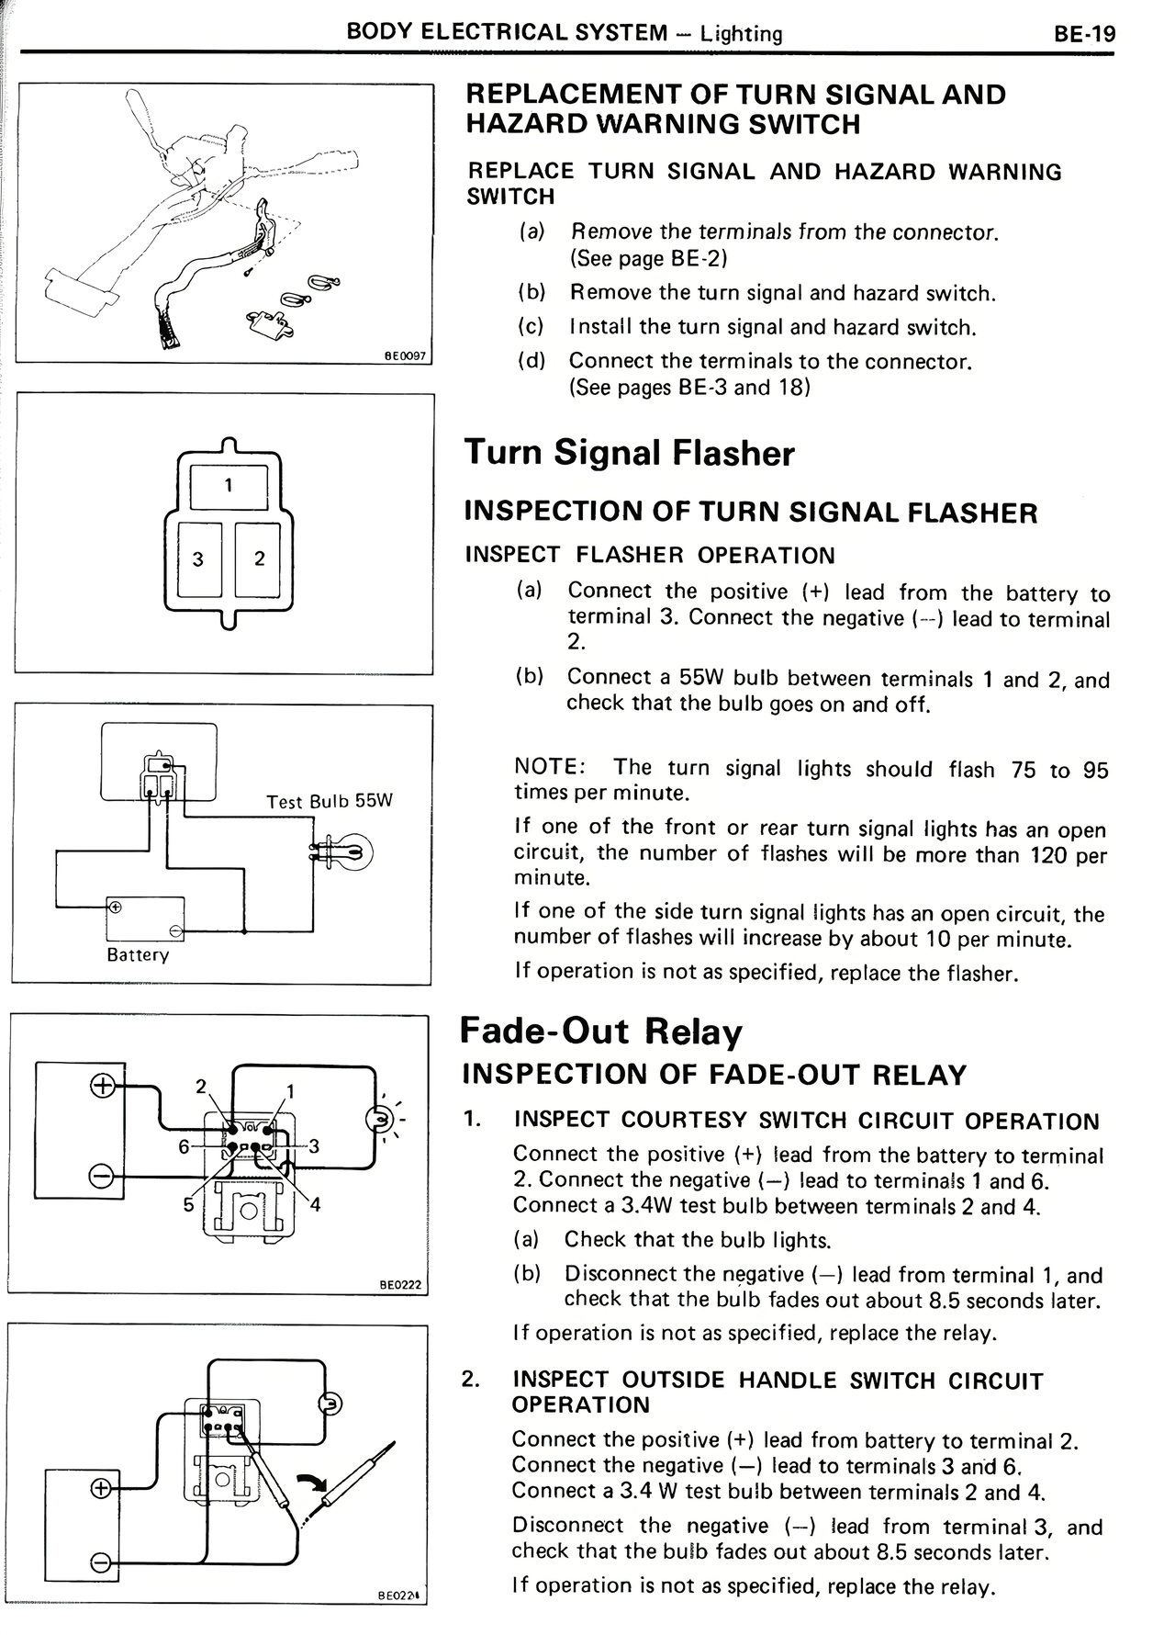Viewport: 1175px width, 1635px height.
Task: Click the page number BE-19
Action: tap(1084, 34)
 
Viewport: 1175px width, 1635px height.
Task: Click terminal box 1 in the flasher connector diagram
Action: tap(228, 486)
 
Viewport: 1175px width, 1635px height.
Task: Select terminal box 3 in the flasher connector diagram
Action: tap(197, 558)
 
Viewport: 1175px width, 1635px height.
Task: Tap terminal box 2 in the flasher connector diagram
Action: tap(259, 558)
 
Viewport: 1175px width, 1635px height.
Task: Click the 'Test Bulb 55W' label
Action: tap(329, 801)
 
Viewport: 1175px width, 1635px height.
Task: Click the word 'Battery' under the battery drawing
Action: tap(138, 954)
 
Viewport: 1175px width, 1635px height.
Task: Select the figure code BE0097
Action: tap(406, 355)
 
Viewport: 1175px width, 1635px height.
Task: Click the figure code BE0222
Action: tap(400, 1285)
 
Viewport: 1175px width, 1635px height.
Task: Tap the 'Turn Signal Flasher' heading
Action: tap(630, 453)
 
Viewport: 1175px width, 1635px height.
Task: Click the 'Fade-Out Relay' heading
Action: tap(600, 1032)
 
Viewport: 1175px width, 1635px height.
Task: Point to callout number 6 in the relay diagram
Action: tap(184, 1146)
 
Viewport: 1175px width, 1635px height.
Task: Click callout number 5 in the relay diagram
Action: tap(187, 1204)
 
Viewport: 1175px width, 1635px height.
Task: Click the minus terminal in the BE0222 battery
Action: tap(101, 1177)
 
